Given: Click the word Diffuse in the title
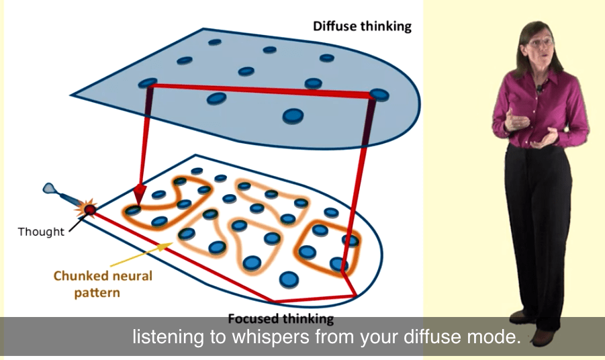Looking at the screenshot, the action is (334, 26).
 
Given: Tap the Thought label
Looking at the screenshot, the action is (41, 232).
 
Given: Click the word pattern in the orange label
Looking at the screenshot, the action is (97, 293).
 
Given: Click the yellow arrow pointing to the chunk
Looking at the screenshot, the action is (141, 255).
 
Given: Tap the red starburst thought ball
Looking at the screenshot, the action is (89, 209).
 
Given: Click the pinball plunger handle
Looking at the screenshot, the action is (50, 189).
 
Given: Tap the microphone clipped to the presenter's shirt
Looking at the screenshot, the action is (539, 89).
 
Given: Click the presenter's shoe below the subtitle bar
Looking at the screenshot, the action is (543, 337).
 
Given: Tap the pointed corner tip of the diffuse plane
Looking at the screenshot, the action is (71, 95).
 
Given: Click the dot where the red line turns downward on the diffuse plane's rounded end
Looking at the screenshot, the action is (379, 95).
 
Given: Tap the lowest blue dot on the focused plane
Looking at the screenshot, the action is (289, 279).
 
